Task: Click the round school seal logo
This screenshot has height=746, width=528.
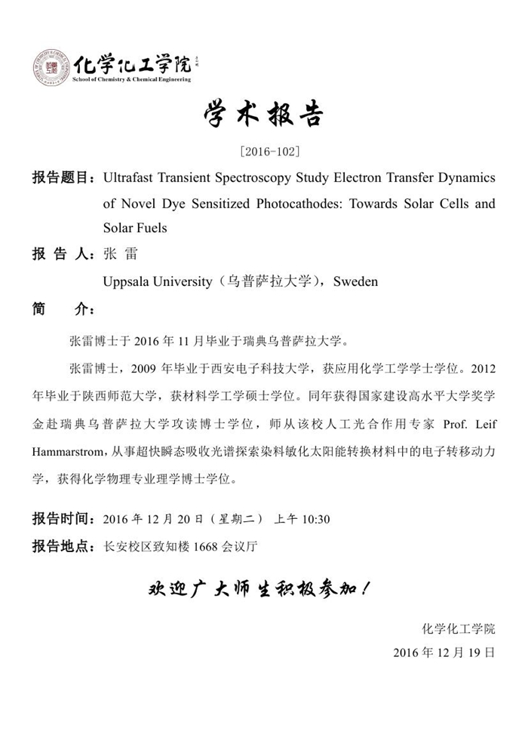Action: point(51,68)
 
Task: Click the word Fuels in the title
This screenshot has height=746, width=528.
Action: point(149,227)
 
